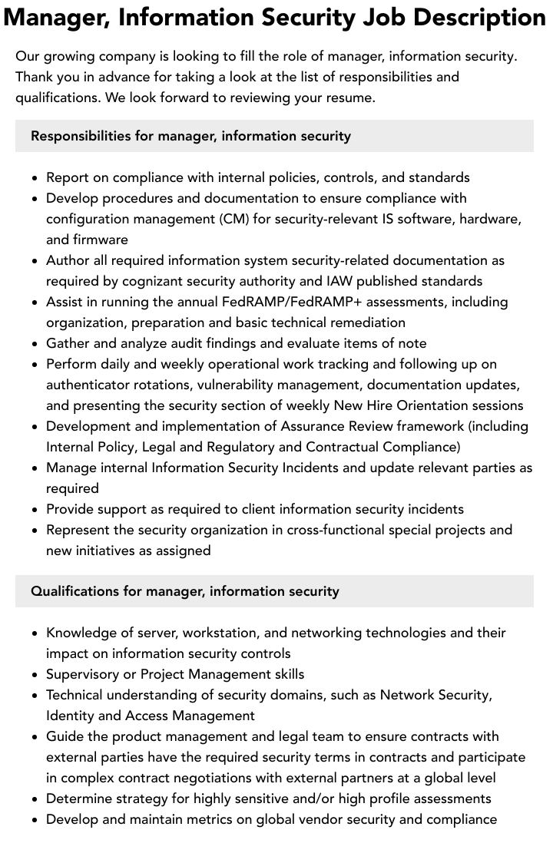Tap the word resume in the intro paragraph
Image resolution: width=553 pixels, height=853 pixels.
click(349, 98)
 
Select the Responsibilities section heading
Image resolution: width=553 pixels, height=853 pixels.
click(190, 136)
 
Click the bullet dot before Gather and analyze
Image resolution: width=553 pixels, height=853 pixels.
click(35, 344)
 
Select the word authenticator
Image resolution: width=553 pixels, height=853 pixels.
click(91, 385)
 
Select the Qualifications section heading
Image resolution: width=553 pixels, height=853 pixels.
click(184, 591)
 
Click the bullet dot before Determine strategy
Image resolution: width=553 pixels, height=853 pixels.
click(35, 799)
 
